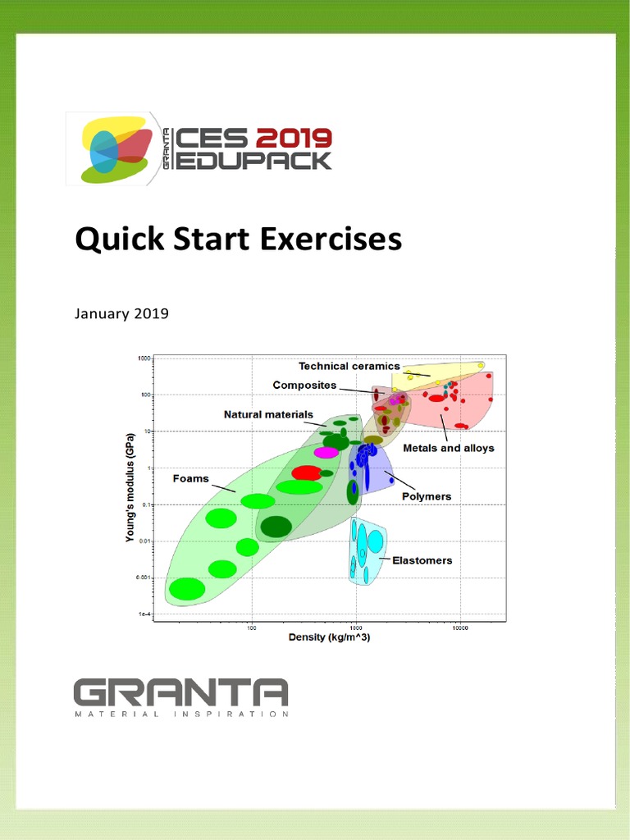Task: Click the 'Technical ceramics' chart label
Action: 349,367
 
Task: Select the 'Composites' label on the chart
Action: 304,386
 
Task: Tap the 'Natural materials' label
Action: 268,415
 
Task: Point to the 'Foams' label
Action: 190,479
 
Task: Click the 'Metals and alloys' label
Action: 448,449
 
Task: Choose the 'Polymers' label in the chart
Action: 426,497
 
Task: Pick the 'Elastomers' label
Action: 422,561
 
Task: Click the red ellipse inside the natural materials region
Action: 307,473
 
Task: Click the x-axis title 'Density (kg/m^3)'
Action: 329,638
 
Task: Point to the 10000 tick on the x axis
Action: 459,628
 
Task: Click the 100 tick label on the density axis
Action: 251,628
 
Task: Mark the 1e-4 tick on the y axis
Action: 144,614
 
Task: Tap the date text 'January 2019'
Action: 121,313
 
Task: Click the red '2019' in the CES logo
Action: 294,137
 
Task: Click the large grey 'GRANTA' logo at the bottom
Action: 180,693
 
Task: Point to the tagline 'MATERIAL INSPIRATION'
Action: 180,714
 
